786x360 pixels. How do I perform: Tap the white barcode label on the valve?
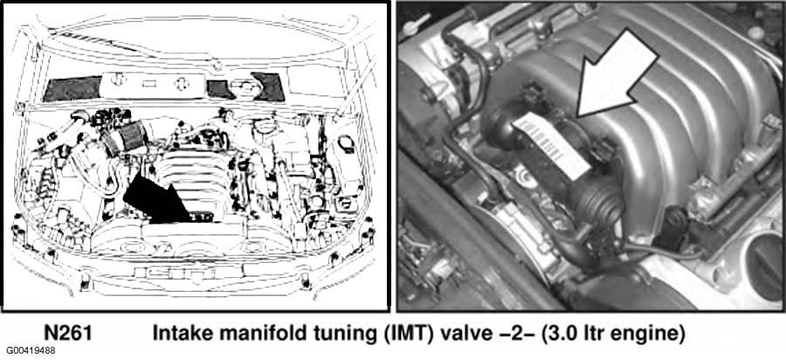click(x=550, y=145)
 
